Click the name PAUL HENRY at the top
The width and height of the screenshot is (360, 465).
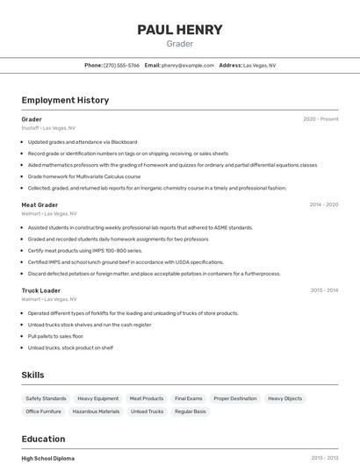[x=180, y=30]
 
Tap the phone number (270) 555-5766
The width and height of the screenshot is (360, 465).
[x=121, y=65]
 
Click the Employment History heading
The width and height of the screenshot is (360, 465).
[x=65, y=100]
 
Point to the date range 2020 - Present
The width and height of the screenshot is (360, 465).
[x=320, y=119]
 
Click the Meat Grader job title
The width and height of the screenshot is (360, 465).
[x=40, y=204]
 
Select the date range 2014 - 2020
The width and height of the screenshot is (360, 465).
[x=323, y=204]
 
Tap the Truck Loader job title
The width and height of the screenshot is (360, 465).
[x=41, y=290]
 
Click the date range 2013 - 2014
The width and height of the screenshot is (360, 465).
[x=323, y=290]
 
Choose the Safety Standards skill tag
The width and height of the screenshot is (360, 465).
[x=47, y=398]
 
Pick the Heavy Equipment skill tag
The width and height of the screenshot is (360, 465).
[x=97, y=398]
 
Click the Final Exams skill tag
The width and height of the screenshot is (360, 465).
[x=188, y=398]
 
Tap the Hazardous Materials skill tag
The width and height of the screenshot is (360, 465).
[x=96, y=411]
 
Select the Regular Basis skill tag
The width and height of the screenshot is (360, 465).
[x=191, y=411]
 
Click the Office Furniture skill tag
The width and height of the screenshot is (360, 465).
[x=44, y=411]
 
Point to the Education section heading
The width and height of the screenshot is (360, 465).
[x=43, y=439]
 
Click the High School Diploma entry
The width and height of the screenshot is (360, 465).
[x=48, y=458]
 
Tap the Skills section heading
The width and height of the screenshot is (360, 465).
[x=32, y=375]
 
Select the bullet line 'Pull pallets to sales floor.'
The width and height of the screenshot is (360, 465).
[x=55, y=336]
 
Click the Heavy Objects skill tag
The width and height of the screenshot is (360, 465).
[x=284, y=398]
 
